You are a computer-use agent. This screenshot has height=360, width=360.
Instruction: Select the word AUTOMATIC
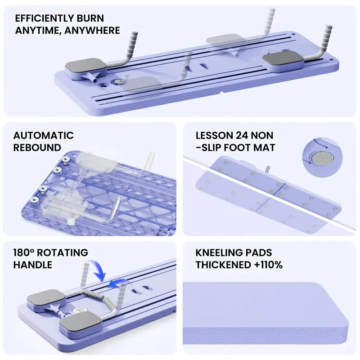43,135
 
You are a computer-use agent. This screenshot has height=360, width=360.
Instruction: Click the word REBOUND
37,148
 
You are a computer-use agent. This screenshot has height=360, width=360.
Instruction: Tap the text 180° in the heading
24,252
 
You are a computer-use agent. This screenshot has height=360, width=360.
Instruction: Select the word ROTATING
63,252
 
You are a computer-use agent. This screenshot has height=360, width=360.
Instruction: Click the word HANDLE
32,265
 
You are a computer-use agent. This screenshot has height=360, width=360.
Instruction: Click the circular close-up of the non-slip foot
322,158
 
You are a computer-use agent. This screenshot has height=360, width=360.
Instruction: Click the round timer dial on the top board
117,81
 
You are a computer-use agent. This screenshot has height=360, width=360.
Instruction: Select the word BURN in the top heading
90,18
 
